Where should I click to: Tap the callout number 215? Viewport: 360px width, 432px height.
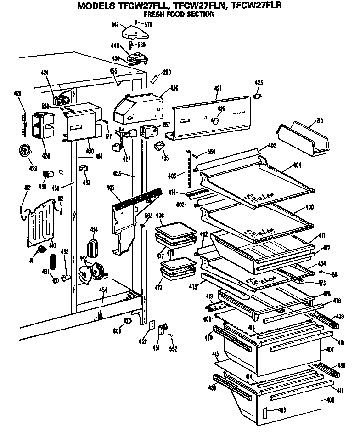[319, 120]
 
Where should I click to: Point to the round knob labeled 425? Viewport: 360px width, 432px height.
[214, 120]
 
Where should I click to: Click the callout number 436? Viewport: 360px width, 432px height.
[174, 88]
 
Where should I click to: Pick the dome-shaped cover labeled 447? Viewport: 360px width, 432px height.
[133, 33]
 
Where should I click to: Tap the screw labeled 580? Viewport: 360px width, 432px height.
[131, 45]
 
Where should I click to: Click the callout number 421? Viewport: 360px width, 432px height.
[218, 88]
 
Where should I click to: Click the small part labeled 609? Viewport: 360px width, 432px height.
[128, 320]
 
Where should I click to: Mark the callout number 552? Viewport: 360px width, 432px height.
[173, 349]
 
